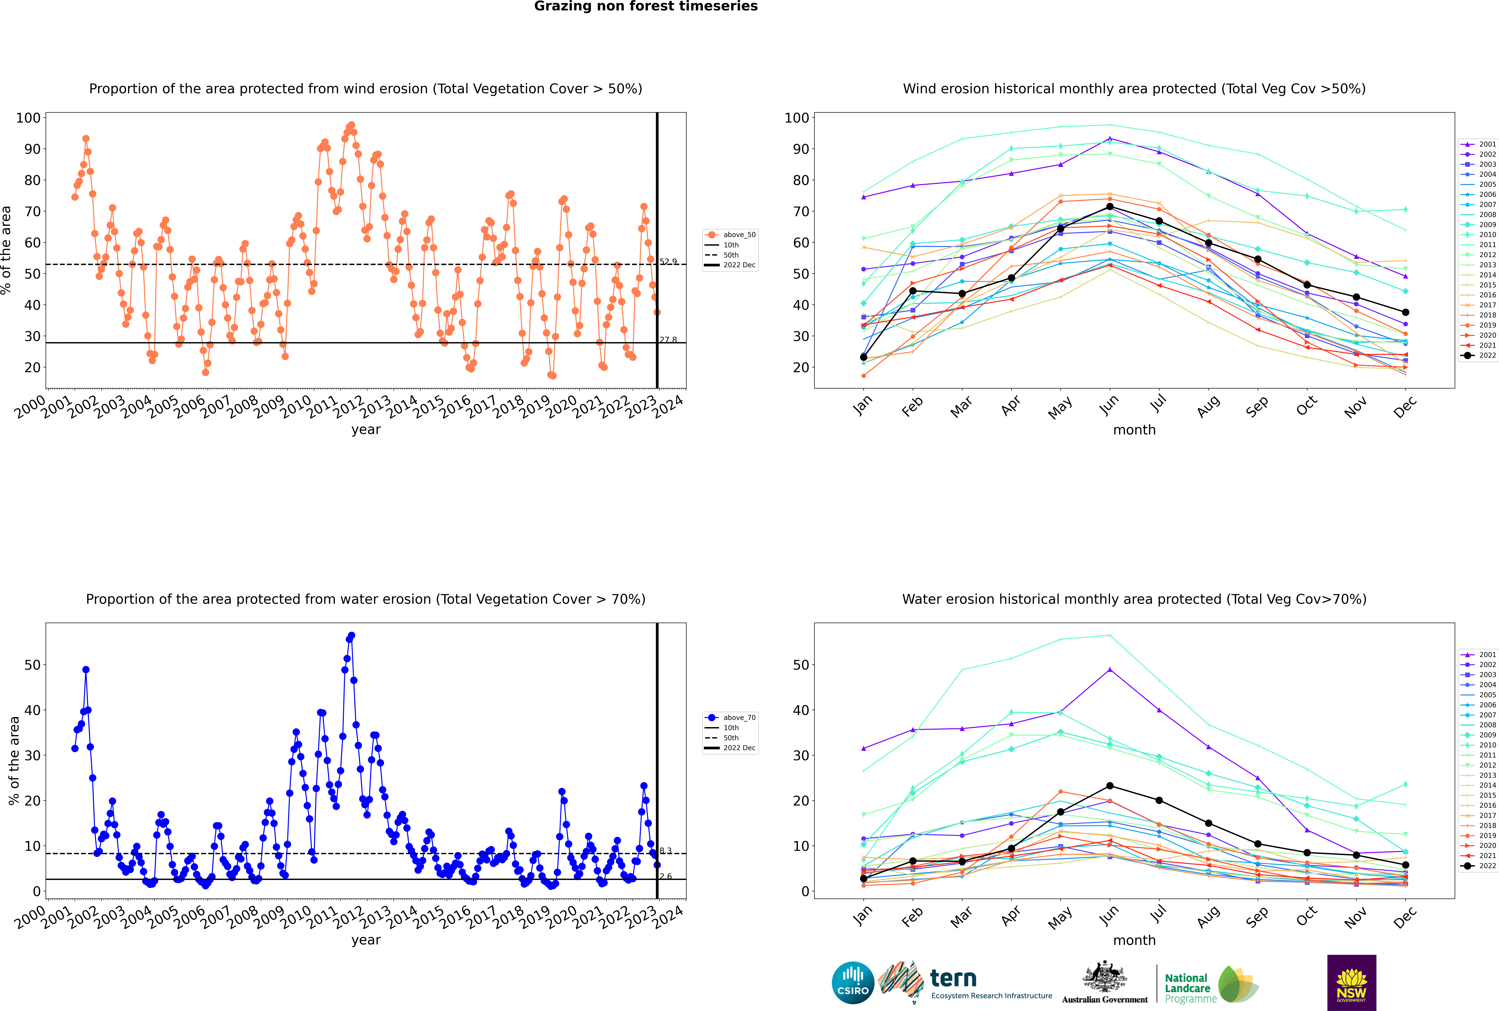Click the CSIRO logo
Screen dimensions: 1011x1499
coord(853,983)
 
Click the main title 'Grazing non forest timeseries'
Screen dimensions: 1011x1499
coord(646,6)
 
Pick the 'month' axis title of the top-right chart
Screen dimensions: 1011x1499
coord(1134,430)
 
